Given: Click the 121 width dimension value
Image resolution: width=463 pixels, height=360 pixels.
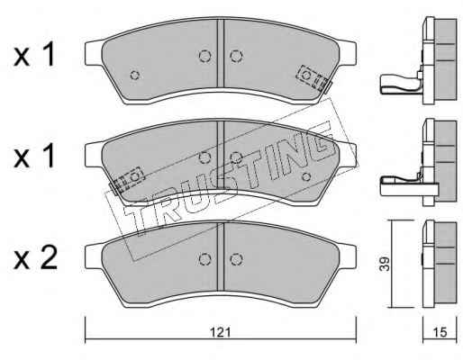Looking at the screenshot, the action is click(220, 332).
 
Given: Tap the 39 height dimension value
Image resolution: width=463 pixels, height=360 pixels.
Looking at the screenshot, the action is click(384, 264).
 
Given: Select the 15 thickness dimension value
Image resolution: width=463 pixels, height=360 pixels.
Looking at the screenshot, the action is click(440, 332).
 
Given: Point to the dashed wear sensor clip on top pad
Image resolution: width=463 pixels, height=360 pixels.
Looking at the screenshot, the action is click(313, 77).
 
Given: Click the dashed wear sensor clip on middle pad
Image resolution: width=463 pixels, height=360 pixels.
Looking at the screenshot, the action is click(127, 180).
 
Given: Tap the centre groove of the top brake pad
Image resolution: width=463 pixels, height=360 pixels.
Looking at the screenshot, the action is click(221, 53).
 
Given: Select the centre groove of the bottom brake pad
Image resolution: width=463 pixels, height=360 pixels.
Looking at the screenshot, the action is click(221, 256).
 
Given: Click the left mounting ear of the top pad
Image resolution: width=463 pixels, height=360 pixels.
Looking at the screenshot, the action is click(94, 53).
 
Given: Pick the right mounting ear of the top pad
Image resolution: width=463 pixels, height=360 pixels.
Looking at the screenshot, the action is click(347, 53).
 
